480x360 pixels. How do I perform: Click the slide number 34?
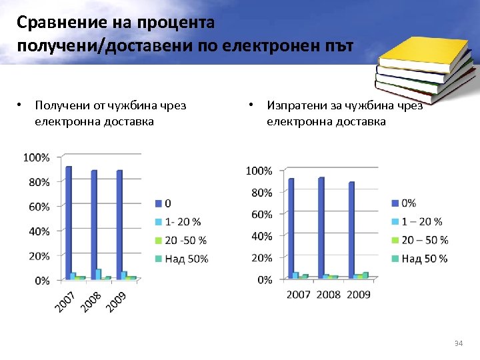click(x=458, y=343)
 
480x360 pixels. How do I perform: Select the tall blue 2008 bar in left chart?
click(x=94, y=224)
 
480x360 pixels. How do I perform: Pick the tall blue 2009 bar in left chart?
click(x=119, y=224)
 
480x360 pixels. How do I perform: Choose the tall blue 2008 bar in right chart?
click(x=321, y=227)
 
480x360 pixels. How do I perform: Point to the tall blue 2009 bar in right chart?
click(x=351, y=229)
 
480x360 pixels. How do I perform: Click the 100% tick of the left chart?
click(x=36, y=157)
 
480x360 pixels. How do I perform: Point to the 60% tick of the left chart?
click(x=39, y=207)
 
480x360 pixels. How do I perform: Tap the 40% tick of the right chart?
click(x=261, y=236)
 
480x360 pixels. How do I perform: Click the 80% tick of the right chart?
click(x=261, y=193)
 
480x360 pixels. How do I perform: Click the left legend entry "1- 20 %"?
click(x=182, y=221)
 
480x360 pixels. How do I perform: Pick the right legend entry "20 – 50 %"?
click(x=425, y=240)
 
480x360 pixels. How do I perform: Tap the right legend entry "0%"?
click(x=409, y=203)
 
